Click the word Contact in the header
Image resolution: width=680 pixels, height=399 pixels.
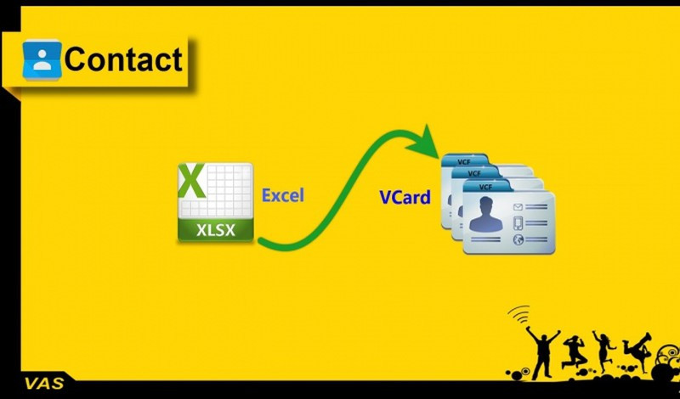[123, 59]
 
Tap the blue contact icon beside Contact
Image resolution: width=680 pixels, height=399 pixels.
[42, 59]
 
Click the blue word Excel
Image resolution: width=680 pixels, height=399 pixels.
[282, 195]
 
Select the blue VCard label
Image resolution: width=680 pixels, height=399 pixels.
[405, 199]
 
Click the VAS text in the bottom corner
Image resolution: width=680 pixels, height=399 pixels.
[38, 383]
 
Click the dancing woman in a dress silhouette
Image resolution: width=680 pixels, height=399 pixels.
[604, 348]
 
